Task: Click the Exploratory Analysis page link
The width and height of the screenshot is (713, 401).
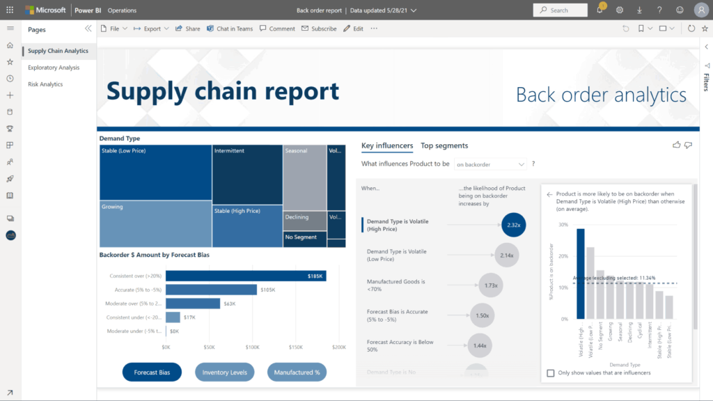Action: click(x=54, y=68)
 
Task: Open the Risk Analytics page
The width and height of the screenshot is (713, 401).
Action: click(x=45, y=84)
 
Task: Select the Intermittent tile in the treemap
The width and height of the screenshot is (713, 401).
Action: click(x=247, y=175)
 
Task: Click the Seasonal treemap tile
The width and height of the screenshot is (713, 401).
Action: click(x=304, y=178)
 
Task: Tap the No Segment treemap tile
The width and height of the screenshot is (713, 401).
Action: click(x=304, y=238)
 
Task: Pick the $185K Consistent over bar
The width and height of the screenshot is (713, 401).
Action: click(x=245, y=276)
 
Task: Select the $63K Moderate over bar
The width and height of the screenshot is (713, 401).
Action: click(x=193, y=304)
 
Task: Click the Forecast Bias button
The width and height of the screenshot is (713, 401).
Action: click(x=152, y=372)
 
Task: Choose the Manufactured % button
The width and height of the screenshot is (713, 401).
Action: click(x=297, y=372)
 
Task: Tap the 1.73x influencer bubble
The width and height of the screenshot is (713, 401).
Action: click(x=491, y=285)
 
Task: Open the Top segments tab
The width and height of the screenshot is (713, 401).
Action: click(x=444, y=146)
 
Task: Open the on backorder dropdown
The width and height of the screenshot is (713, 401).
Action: click(x=490, y=164)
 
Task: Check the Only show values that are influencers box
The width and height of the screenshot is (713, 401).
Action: click(x=551, y=372)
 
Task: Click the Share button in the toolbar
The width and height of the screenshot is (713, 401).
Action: click(x=187, y=29)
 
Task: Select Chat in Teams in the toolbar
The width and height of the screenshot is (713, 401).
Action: click(x=230, y=29)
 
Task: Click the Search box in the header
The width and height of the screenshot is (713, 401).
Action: click(x=561, y=10)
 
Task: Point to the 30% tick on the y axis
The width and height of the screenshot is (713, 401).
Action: click(x=563, y=225)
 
